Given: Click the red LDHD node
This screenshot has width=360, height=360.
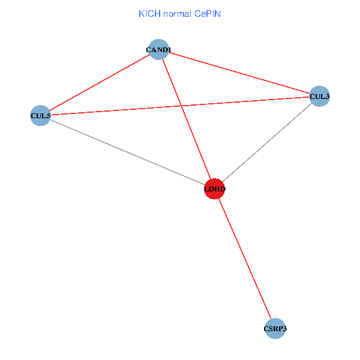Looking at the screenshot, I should (x=215, y=189).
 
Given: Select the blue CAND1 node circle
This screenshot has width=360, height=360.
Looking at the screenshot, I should (x=158, y=49).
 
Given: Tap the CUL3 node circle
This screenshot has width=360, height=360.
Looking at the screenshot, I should (x=319, y=96).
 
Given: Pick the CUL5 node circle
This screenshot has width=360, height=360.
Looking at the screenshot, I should (x=40, y=115).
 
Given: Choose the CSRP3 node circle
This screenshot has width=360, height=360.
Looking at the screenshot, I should (x=274, y=329).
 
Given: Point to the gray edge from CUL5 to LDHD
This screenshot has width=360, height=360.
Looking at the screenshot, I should (x=126, y=152).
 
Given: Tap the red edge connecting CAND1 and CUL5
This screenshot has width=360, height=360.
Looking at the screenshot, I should (x=99, y=82).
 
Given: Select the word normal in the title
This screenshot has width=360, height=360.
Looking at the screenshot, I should (x=176, y=13).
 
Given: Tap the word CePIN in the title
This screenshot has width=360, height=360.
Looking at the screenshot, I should (x=207, y=13).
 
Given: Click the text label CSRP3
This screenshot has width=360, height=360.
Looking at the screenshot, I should (x=274, y=329).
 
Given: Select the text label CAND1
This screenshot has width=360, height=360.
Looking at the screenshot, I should (x=158, y=49).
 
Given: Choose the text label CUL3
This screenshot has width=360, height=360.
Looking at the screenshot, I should (x=319, y=95).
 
